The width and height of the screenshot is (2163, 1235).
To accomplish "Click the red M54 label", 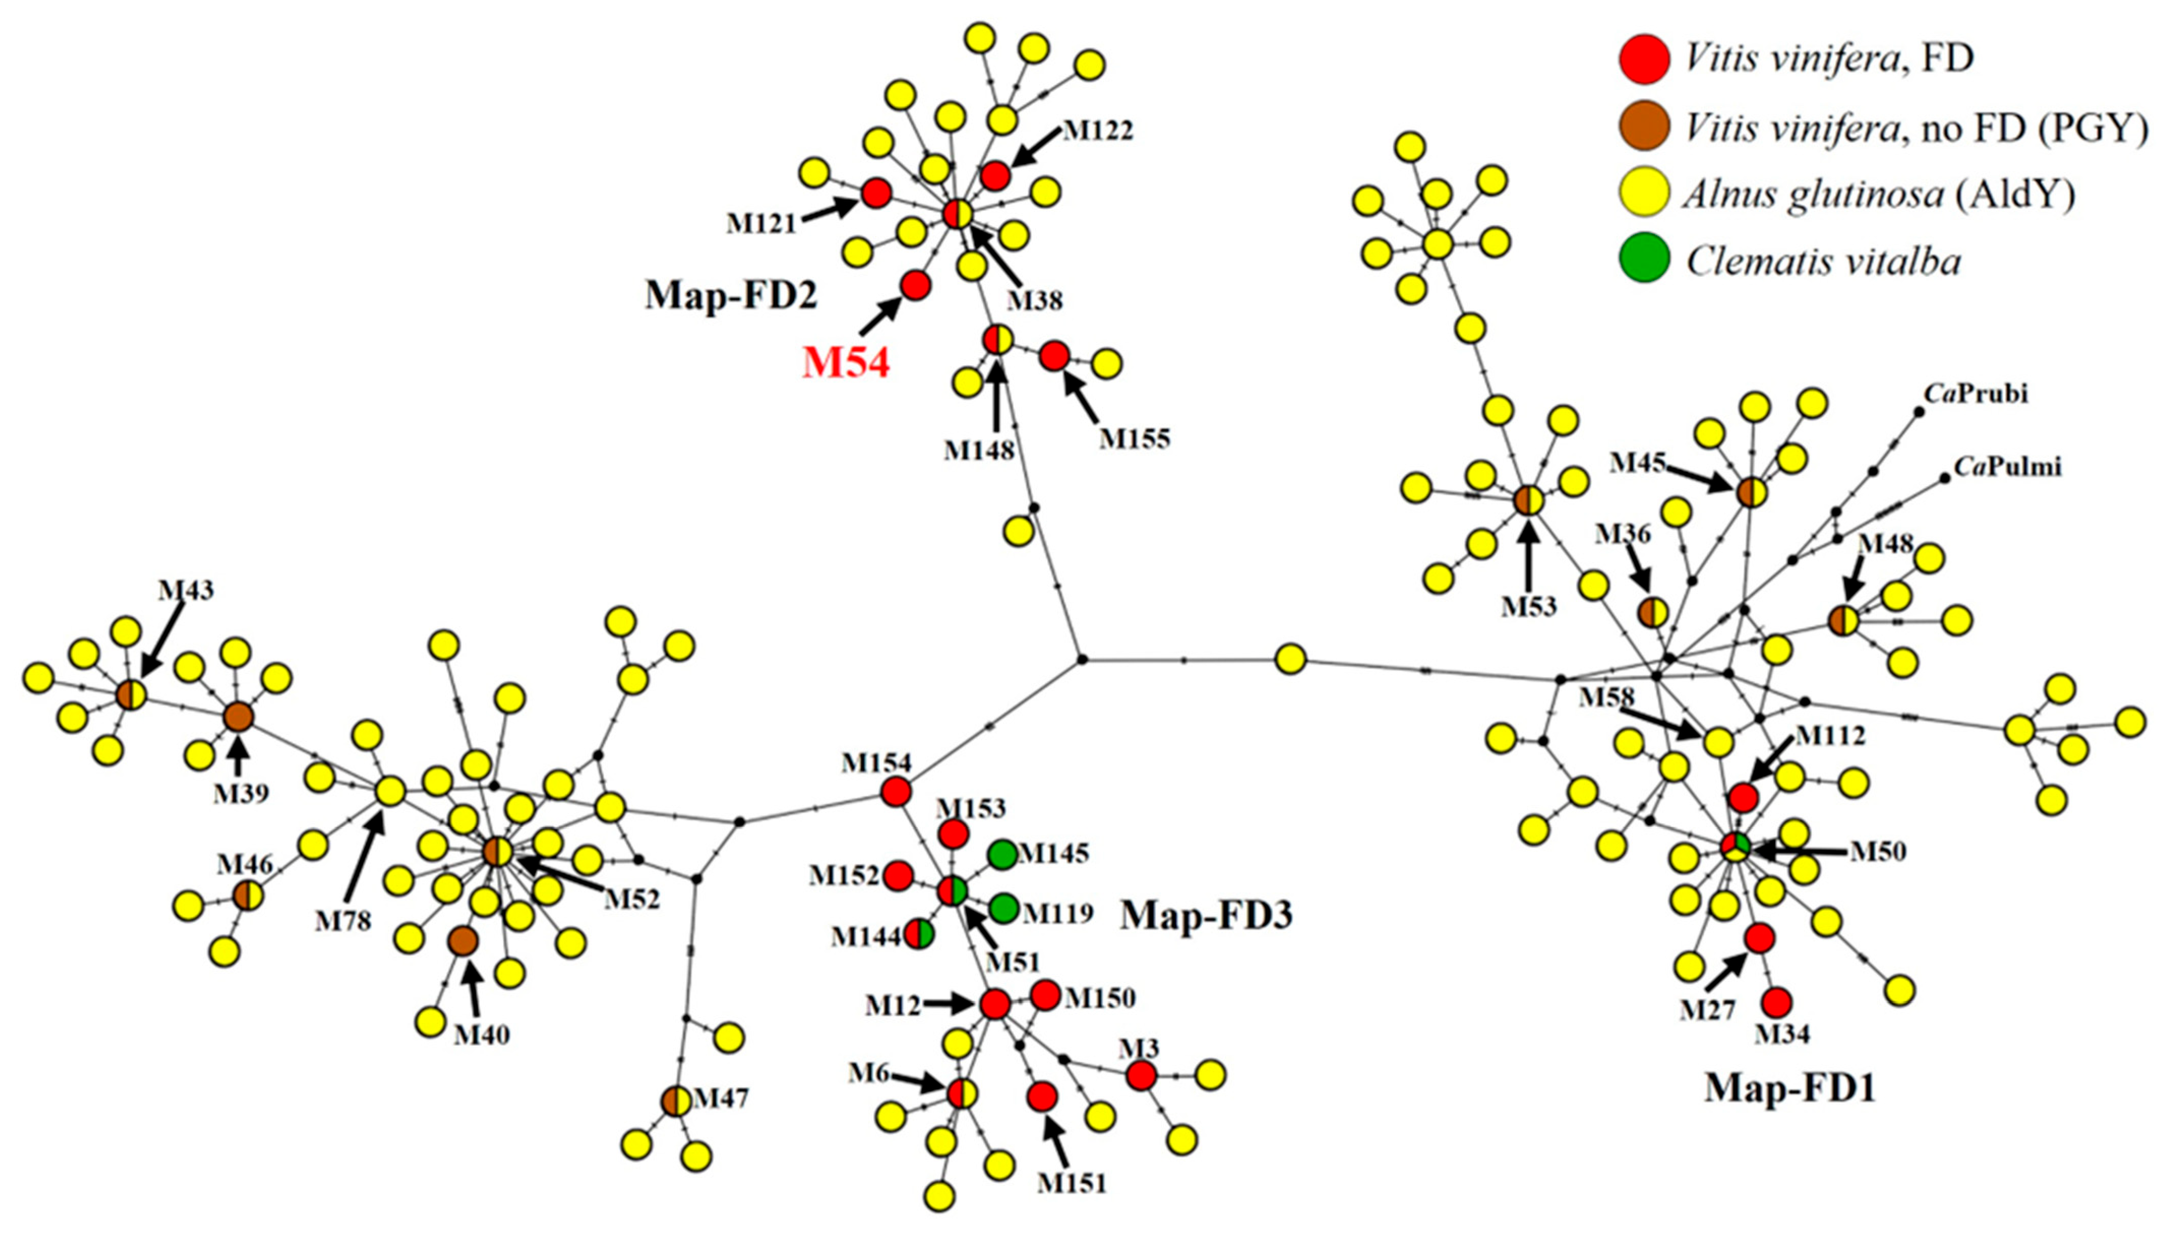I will click(846, 363).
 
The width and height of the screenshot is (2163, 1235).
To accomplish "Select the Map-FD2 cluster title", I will click(730, 296).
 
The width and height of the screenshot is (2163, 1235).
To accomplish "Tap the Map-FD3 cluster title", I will click(1206, 916).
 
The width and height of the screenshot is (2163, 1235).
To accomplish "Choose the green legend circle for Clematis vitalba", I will click(1643, 260).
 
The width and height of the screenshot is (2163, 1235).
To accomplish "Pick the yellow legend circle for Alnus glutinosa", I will click(1643, 194).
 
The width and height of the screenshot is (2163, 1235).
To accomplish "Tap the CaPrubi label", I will click(1975, 394).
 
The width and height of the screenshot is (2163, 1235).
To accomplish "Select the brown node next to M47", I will click(676, 1101).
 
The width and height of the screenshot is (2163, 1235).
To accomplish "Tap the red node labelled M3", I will click(1141, 1075).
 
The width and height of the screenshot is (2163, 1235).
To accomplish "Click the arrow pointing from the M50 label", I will click(1799, 850).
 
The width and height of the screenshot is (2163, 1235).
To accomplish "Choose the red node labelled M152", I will click(898, 874).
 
